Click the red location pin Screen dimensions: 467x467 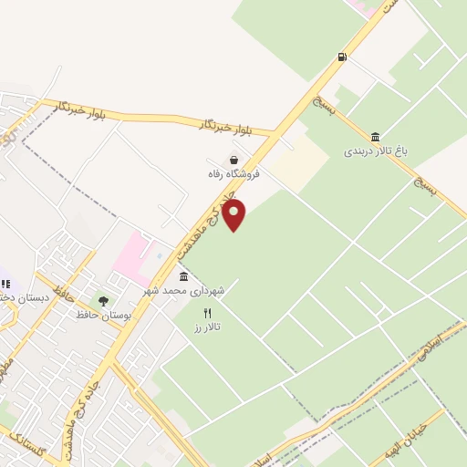(x=234, y=214)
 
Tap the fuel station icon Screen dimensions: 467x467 (x=343, y=57)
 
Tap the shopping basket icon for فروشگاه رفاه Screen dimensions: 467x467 (x=234, y=160)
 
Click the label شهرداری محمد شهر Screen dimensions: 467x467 (x=183, y=290)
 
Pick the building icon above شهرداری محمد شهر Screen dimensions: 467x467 (x=184, y=276)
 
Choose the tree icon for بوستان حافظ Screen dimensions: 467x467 (x=103, y=301)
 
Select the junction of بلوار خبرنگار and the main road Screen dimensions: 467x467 (x=276, y=134)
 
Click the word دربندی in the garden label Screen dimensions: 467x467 (x=359, y=152)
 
